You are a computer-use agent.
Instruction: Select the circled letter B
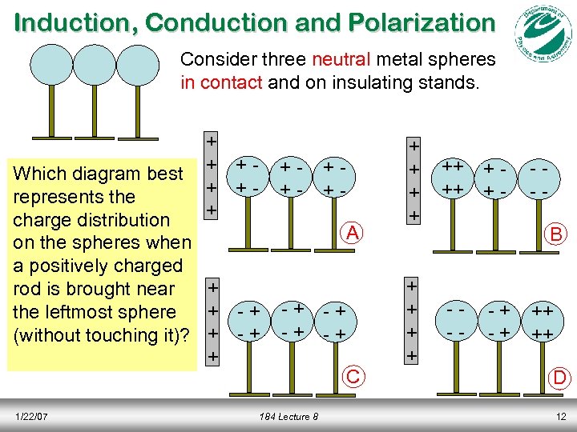554,234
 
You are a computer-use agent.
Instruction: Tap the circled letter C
351,375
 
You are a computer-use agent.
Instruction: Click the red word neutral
340,59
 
